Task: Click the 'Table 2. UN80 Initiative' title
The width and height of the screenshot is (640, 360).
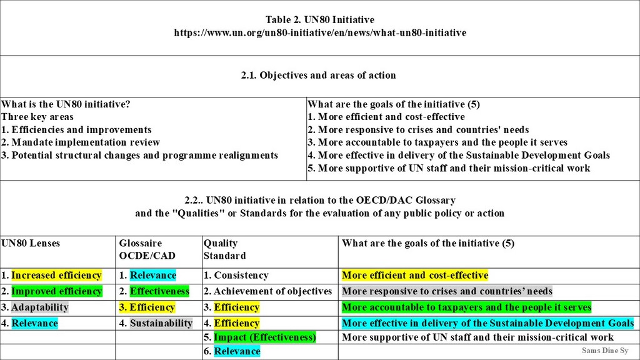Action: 320,20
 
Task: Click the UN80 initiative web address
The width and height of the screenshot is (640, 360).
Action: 320,32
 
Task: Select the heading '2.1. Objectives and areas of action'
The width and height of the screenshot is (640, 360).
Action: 319,76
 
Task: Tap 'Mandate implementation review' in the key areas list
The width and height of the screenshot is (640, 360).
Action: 86,142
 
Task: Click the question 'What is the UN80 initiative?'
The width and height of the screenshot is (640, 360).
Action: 66,104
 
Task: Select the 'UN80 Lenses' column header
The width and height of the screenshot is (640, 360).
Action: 30,243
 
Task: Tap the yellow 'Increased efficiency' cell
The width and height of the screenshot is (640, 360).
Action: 56,276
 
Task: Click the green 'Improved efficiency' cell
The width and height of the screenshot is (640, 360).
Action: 56,291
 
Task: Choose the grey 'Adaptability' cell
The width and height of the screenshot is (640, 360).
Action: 39,307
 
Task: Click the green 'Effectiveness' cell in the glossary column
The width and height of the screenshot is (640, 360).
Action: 159,291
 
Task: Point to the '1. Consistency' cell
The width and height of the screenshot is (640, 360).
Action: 236,276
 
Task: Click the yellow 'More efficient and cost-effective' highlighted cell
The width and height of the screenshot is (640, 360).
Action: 415,276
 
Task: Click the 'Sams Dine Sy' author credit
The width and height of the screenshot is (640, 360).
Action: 605,351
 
